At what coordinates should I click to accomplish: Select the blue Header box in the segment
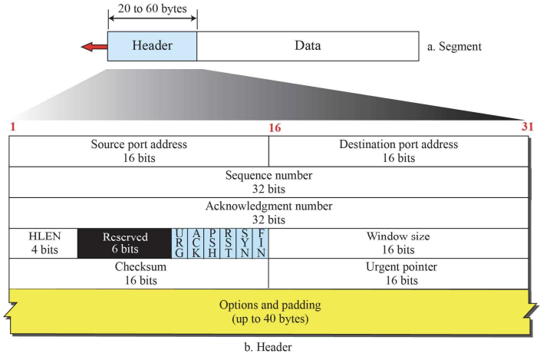[152, 46]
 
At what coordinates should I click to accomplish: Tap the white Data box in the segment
[308, 46]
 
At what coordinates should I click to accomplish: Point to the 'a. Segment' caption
[455, 47]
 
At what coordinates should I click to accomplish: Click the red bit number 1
[13, 127]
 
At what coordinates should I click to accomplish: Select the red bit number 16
[275, 127]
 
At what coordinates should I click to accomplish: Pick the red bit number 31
[527, 127]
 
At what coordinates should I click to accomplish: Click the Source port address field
[139, 150]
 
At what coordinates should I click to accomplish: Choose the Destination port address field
[398, 150]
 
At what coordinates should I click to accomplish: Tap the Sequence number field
[268, 181]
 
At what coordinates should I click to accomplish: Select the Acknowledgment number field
[268, 212]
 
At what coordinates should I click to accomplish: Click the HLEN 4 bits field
[43, 243]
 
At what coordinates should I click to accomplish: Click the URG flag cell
[179, 243]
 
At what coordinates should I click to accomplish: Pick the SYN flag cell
[243, 243]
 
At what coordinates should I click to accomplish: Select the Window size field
[398, 243]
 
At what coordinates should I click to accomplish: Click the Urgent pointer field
[398, 273]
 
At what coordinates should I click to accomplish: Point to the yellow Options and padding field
[268, 311]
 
